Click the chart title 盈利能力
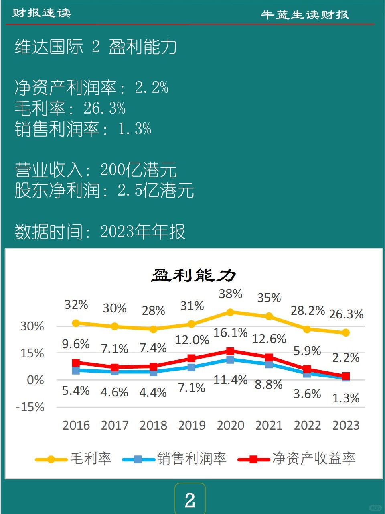(193, 275)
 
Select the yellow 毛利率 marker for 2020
(230, 312)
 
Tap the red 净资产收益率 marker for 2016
(76, 363)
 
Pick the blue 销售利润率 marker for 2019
(192, 367)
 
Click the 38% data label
(231, 294)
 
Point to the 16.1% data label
(231, 332)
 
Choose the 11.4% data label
(230, 380)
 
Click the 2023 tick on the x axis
(346, 425)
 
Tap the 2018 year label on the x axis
(153, 425)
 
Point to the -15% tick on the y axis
(30, 407)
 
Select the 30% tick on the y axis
(32, 326)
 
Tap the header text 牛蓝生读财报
(305, 15)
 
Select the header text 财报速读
(41, 13)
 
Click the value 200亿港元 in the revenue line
(138, 170)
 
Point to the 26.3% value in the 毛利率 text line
(105, 108)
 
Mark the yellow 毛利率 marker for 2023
(346, 332)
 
